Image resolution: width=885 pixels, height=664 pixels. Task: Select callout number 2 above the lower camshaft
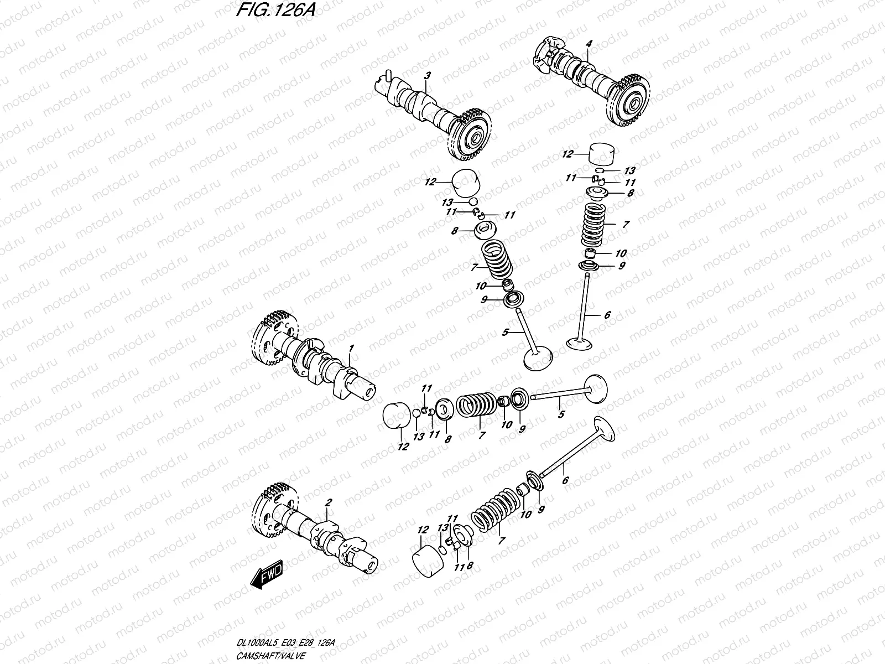(x=328, y=503)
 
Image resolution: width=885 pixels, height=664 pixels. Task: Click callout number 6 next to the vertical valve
(x=607, y=315)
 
